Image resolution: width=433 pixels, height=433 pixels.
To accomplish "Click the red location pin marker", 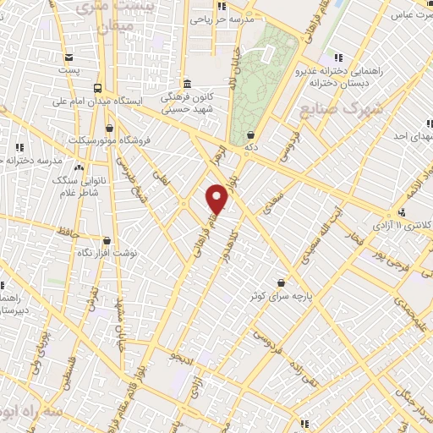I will pyautogui.click(x=218, y=198).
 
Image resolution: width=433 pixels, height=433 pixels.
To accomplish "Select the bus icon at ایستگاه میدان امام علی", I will pyautogui.click(x=99, y=87).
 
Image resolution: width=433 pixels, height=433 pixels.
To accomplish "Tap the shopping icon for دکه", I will pyautogui.click(x=250, y=134).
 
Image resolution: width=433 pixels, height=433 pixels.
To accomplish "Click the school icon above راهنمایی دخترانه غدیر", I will pyautogui.click(x=338, y=58).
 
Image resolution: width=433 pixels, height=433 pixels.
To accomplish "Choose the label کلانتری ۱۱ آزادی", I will pyautogui.click(x=420, y=224).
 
